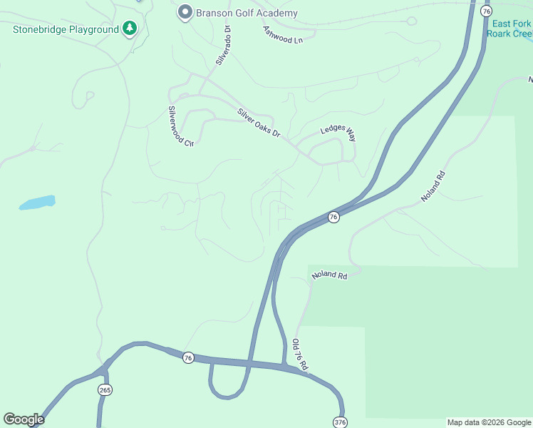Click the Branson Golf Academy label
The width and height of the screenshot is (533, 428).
click(x=247, y=13)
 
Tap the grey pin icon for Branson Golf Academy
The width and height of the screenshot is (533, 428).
click(x=185, y=13)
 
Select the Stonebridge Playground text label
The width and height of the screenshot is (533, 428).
click(x=65, y=29)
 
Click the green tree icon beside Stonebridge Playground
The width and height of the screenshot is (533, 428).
click(x=130, y=29)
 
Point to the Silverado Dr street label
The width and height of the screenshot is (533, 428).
click(x=223, y=46)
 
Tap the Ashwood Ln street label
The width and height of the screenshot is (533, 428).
click(x=283, y=34)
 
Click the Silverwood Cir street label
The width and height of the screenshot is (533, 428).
click(x=180, y=126)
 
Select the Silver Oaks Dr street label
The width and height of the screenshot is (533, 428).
click(x=259, y=123)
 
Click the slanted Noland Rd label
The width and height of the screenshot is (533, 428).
click(x=433, y=185)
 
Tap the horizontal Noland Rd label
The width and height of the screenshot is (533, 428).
click(x=328, y=275)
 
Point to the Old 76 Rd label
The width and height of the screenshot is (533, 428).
click(x=300, y=355)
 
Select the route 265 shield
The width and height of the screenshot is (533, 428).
click(x=105, y=390)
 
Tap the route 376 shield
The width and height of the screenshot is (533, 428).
click(x=340, y=422)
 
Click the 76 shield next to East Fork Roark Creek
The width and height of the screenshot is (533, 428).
click(x=486, y=11)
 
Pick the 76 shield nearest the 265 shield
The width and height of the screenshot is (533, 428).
click(x=188, y=357)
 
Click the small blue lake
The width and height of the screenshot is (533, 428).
click(x=37, y=203)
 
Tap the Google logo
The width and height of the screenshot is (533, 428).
click(x=24, y=419)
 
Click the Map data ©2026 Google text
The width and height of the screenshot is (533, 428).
click(x=489, y=422)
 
